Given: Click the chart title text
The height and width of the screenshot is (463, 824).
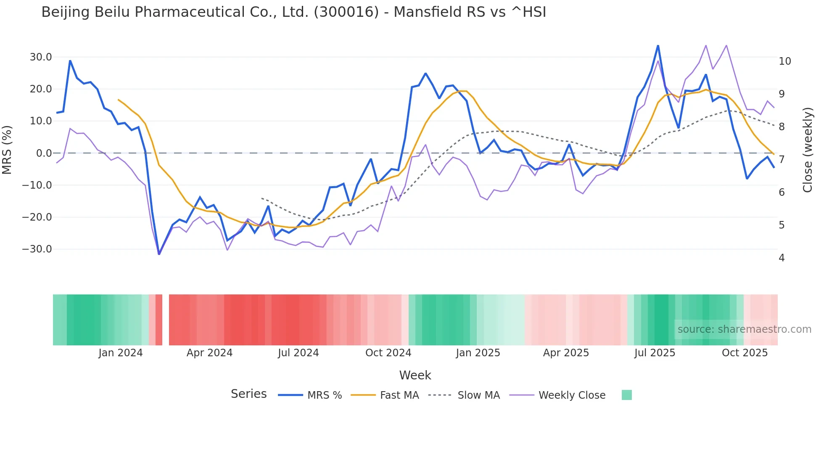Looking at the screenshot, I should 293,12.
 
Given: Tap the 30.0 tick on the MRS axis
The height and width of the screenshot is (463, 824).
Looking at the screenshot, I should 41,57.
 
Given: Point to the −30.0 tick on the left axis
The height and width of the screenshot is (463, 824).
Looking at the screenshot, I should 37,249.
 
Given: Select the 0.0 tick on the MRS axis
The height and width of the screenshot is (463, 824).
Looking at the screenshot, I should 44,153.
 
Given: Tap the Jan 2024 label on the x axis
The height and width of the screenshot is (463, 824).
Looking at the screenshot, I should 121,353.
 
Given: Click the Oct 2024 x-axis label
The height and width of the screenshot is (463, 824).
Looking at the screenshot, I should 388,353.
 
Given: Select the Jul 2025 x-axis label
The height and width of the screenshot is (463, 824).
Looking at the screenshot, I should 655,353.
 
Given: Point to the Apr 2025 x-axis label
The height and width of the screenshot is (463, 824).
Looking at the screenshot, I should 566,353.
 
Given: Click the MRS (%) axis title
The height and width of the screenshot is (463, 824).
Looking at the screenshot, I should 7,150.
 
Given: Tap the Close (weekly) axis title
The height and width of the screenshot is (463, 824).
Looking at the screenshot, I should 807,150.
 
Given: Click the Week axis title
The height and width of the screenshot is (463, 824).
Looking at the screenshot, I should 415,375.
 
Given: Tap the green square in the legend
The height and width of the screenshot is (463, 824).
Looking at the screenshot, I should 626,395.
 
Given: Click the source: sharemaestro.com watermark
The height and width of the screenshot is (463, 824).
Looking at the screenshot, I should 744,329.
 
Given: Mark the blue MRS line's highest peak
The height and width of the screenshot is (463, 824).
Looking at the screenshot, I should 658,45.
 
